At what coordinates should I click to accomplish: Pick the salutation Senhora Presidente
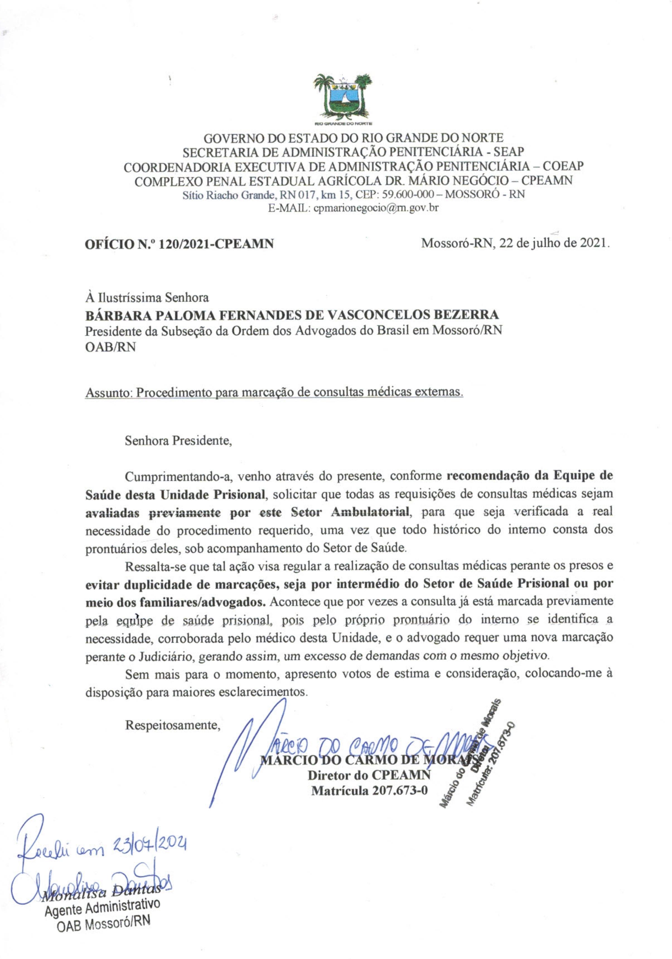pos(178,441)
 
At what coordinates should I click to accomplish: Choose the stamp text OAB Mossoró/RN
pos(103,935)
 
